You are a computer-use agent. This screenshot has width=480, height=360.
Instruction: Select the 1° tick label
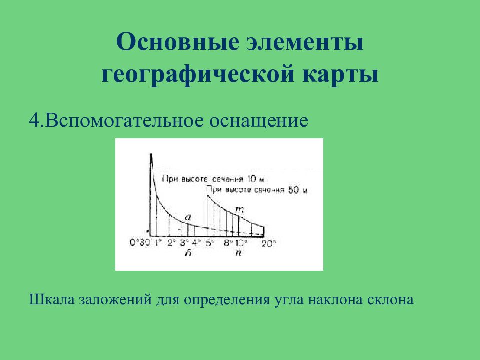(159, 243)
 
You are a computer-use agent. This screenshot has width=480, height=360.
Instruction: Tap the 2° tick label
(172, 243)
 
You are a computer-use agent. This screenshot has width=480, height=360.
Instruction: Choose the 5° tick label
(209, 243)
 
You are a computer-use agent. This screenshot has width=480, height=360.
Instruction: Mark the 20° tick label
(269, 244)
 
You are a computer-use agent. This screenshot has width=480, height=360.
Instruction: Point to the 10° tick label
(241, 243)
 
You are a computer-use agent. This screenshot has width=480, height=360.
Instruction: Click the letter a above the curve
(188, 217)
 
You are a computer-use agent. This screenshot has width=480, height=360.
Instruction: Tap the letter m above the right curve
(239, 210)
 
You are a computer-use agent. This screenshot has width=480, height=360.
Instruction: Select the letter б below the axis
(188, 253)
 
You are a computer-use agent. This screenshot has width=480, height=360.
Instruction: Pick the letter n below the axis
(239, 253)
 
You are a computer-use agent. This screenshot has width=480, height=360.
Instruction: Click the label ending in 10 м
(213, 179)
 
